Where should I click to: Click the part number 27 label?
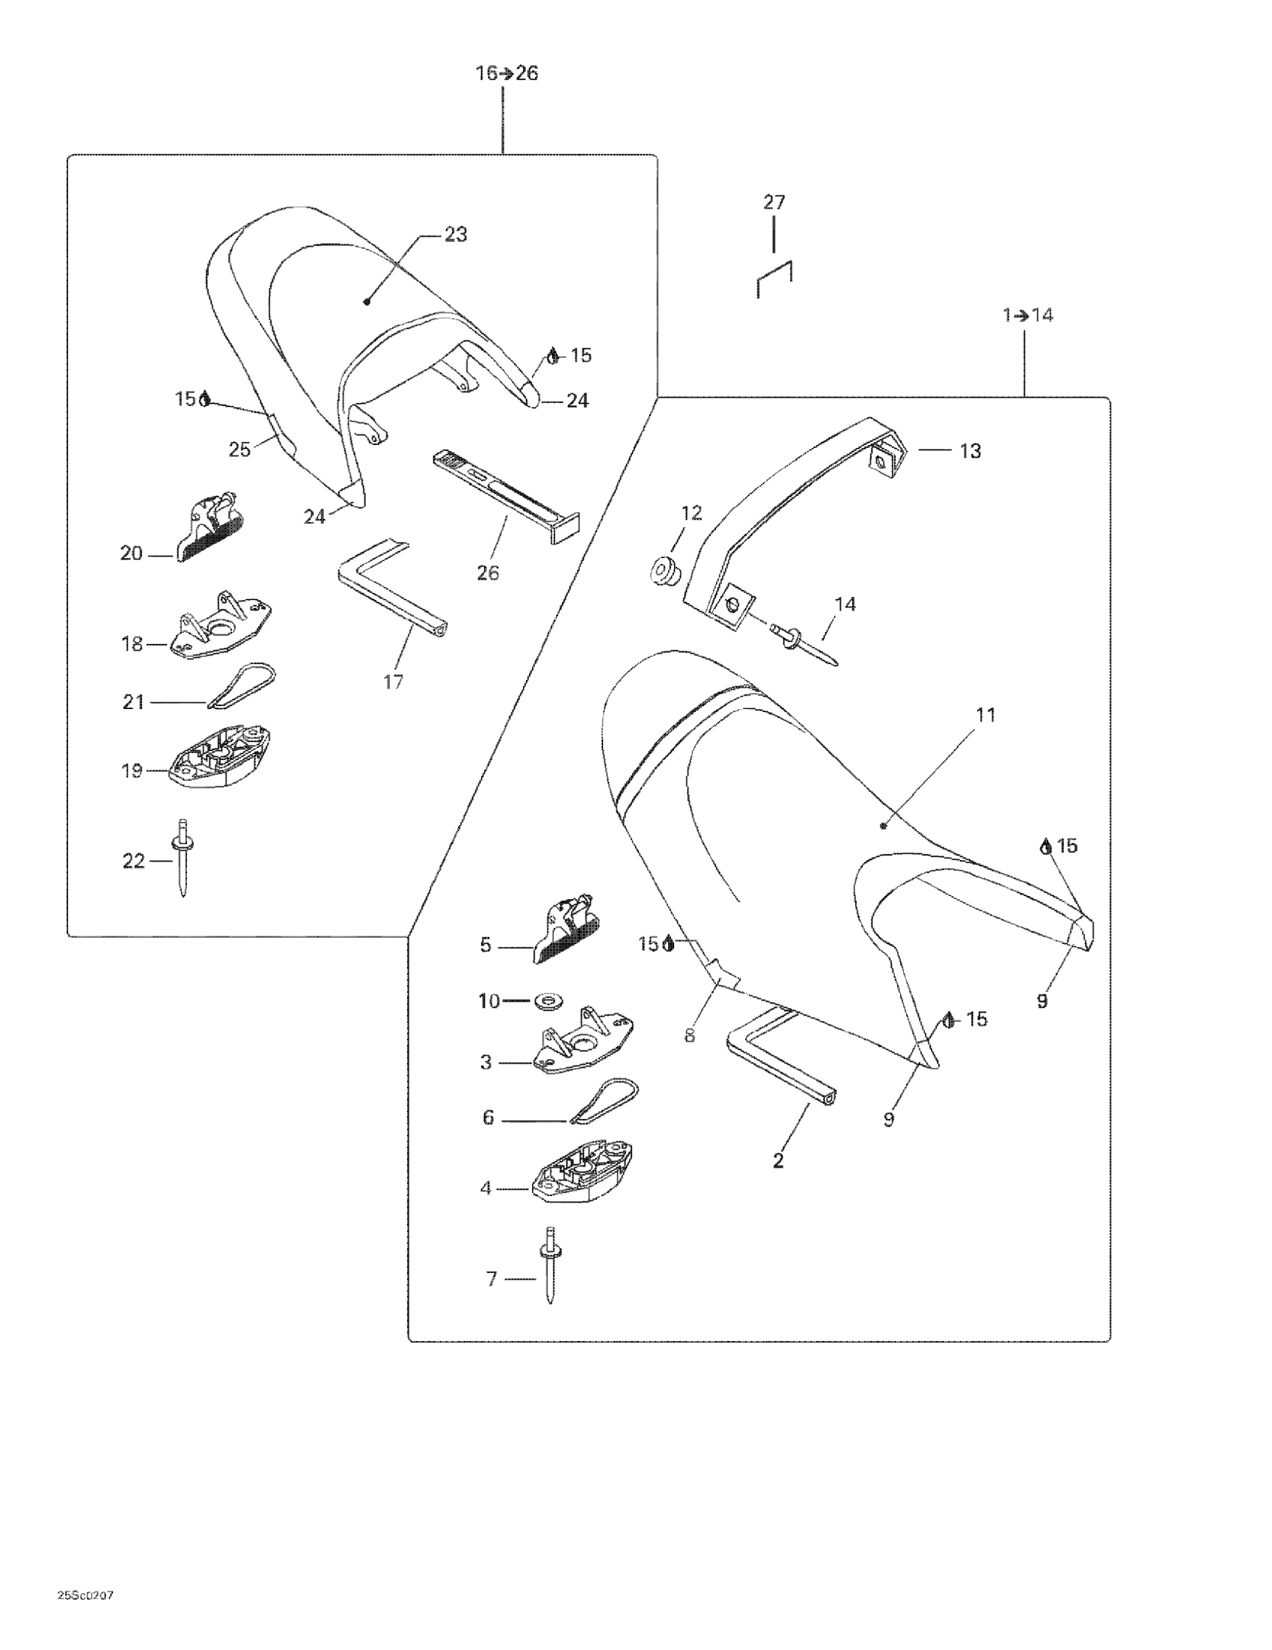pyautogui.click(x=774, y=203)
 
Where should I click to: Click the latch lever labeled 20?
pyautogui.click(x=212, y=523)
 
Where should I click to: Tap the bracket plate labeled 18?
pyautogui.click(x=220, y=625)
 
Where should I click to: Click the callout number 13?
pyautogui.click(x=970, y=451)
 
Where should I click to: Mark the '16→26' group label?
pyautogui.click(x=506, y=73)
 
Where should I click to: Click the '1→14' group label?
pyautogui.click(x=1027, y=315)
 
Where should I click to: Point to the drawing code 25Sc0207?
pyautogui.click(x=85, y=1595)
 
